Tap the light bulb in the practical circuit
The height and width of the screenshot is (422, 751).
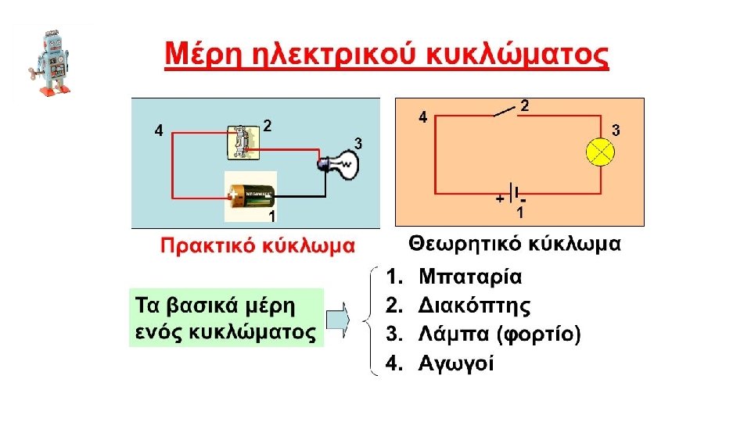[x=341, y=164]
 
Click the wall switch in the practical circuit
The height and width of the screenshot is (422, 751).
[x=243, y=141]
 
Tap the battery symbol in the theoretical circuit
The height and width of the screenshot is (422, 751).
[x=512, y=192]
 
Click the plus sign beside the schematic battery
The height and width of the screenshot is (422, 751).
[x=499, y=200]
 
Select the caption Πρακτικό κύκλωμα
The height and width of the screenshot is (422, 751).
[x=257, y=246]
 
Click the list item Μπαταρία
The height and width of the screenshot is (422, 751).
[x=470, y=277]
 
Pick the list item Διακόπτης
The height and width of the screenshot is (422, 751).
[x=474, y=306]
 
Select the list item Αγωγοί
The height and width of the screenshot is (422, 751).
[x=456, y=363]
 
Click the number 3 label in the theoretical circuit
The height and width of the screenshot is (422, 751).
[x=616, y=131]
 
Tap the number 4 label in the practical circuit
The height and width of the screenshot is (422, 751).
[x=159, y=131]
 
